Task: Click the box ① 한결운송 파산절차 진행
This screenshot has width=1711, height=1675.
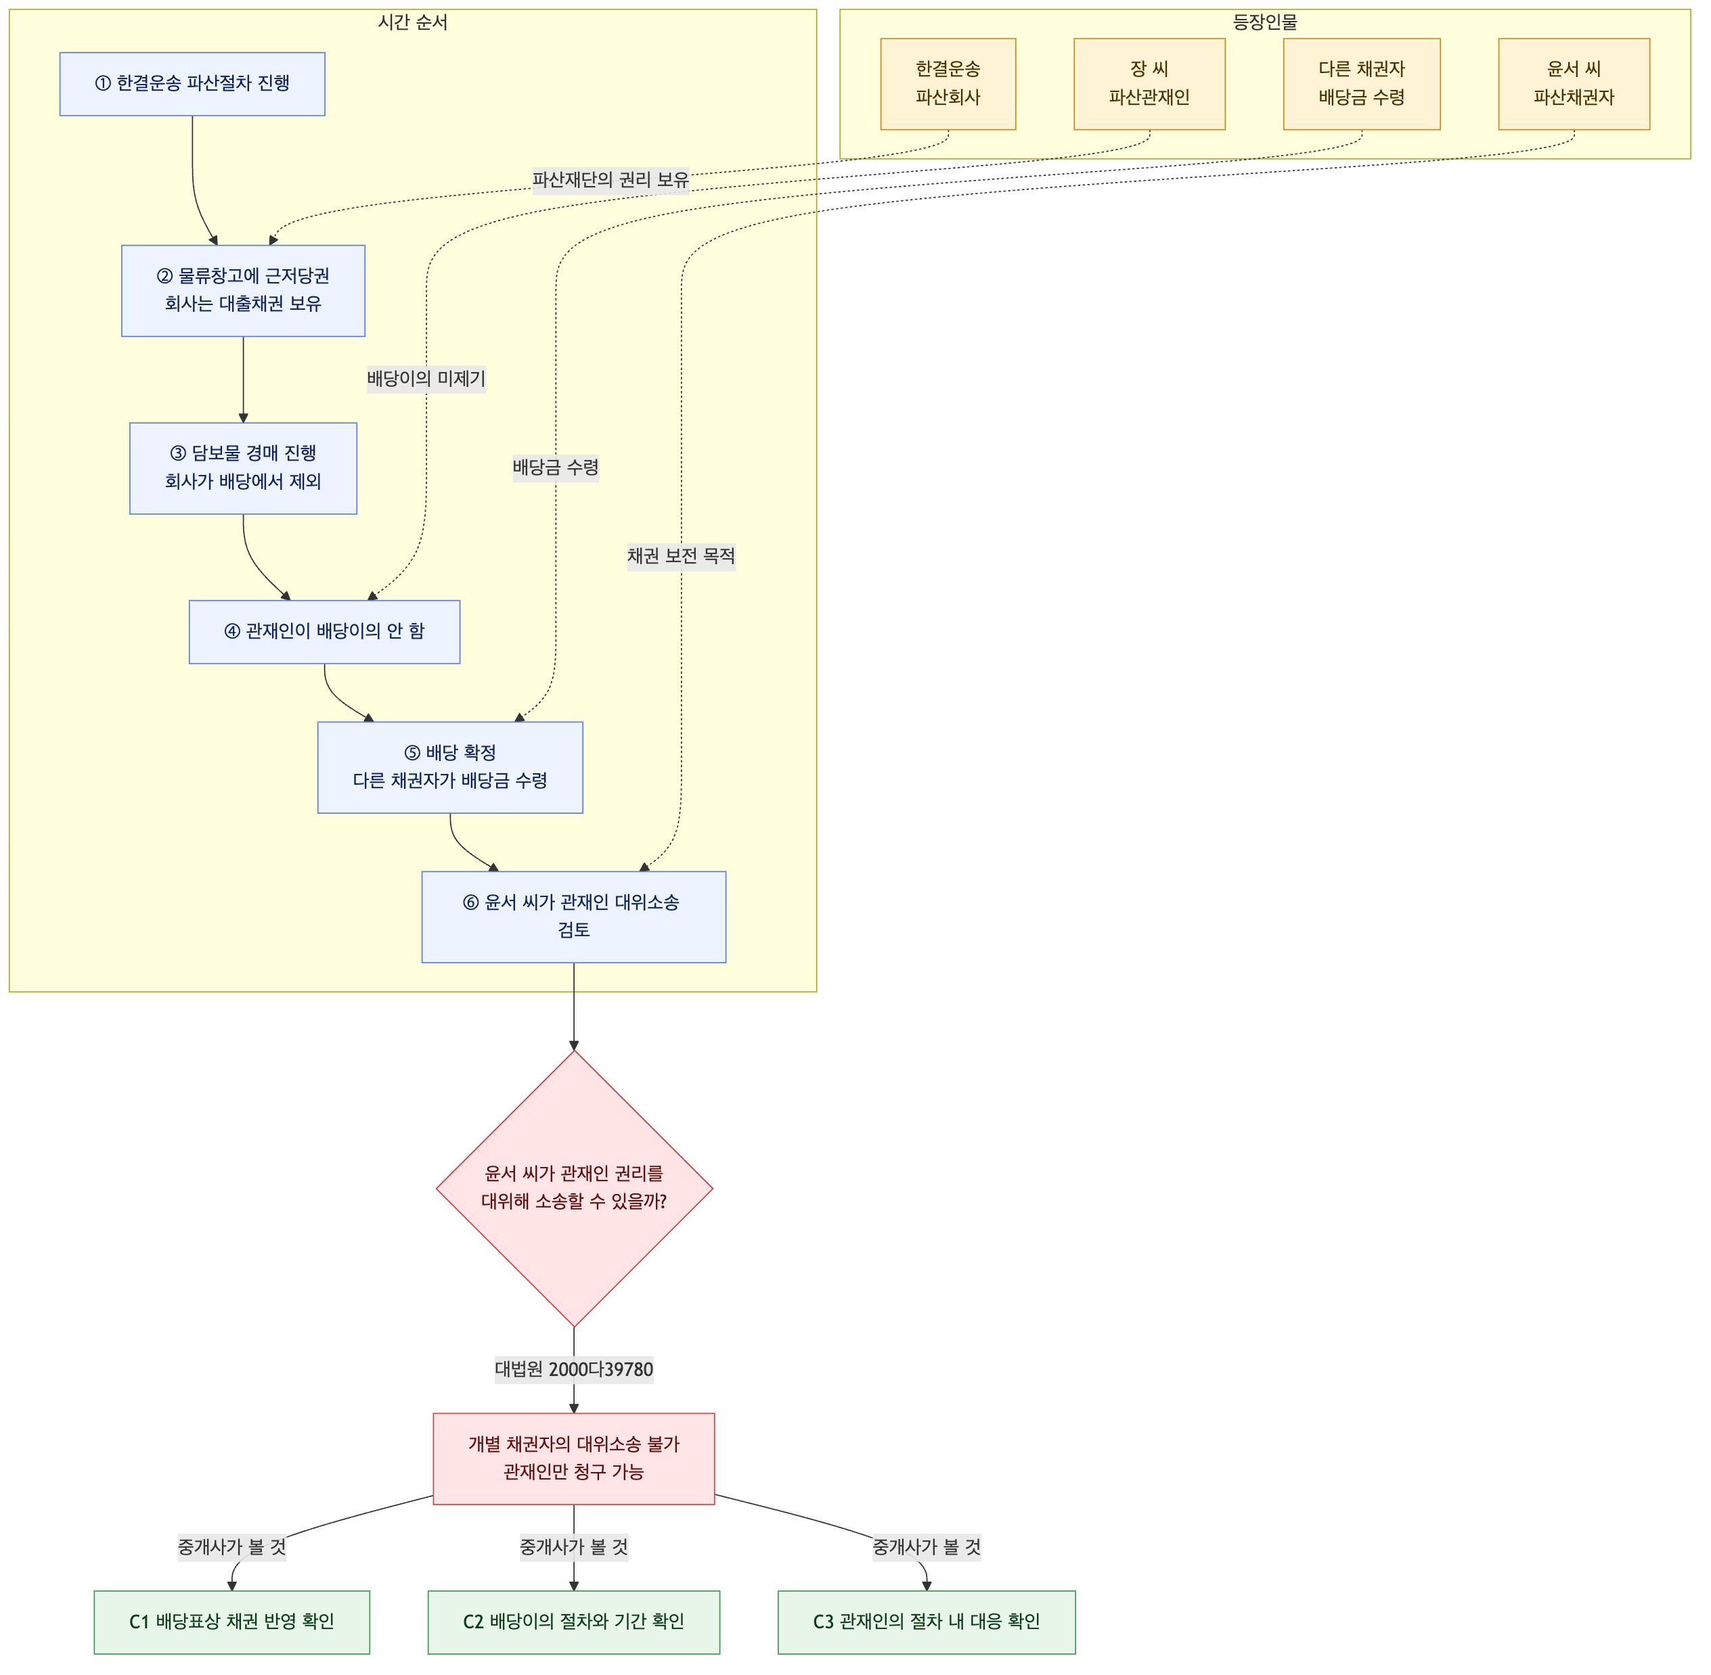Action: pyautogui.click(x=192, y=84)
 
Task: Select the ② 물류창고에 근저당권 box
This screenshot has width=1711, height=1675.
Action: pyautogui.click(x=243, y=290)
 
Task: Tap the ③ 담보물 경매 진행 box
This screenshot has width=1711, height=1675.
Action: pyautogui.click(x=243, y=468)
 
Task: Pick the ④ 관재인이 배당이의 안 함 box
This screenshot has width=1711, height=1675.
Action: pyautogui.click(x=324, y=632)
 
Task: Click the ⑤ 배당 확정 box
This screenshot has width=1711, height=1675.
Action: pyautogui.click(x=450, y=767)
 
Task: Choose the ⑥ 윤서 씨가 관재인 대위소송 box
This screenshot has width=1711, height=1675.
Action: pyautogui.click(x=574, y=917)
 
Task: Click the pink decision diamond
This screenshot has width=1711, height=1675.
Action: pyautogui.click(x=574, y=1189)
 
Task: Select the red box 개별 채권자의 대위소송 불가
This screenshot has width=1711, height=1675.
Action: pyautogui.click(x=574, y=1459)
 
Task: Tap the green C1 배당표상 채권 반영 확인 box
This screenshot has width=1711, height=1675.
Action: pyautogui.click(x=231, y=1622)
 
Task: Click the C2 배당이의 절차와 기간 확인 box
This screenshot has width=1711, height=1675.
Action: pyautogui.click(x=574, y=1622)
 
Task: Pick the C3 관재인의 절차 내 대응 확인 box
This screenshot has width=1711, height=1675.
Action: pyautogui.click(x=927, y=1622)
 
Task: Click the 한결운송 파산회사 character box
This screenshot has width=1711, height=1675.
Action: pyautogui.click(x=948, y=84)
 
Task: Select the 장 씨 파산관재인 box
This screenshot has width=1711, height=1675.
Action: pyautogui.click(x=1149, y=84)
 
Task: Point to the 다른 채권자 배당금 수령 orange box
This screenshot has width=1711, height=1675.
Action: pyautogui.click(x=1362, y=84)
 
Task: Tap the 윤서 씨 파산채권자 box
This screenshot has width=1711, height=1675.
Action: pyautogui.click(x=1574, y=84)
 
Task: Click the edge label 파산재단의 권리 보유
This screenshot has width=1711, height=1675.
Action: pyautogui.click(x=610, y=179)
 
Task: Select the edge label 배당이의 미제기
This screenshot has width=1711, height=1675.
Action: pyautogui.click(x=426, y=379)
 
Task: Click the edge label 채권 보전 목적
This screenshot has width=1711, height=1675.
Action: pyautogui.click(x=682, y=556)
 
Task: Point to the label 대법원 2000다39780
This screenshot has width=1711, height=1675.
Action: pyautogui.click(x=574, y=1370)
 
